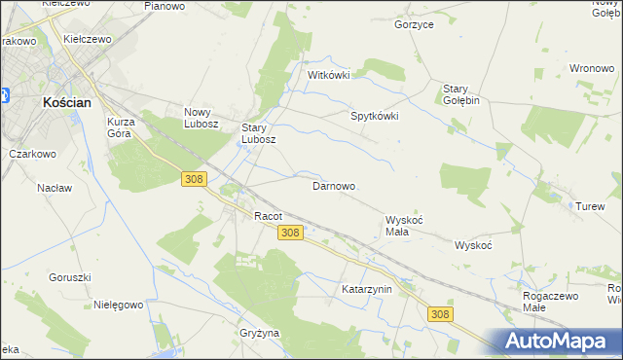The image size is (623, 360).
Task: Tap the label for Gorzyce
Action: pos(414,24)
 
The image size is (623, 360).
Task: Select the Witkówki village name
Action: pos(328,75)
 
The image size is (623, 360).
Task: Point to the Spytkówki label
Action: pos(375,115)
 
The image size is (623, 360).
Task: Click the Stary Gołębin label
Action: pos(463,93)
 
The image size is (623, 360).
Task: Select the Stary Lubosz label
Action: pos(259,132)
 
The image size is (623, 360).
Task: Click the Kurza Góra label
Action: pos(126,128)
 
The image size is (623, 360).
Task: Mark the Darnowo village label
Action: pos(333,185)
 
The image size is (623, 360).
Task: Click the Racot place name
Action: pos(268,215)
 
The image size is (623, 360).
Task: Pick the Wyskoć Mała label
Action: pos(404,226)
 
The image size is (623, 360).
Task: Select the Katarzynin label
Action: pos(366,289)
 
